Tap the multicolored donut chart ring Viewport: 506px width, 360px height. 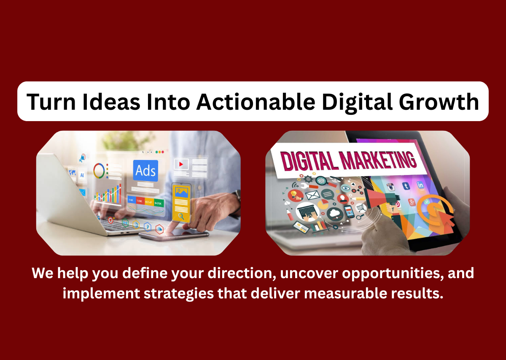[x=100, y=170]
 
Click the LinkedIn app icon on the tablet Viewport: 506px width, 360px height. [x=420, y=185]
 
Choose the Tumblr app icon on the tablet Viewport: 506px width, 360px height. [x=406, y=186]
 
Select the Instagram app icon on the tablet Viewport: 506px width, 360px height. [x=391, y=187]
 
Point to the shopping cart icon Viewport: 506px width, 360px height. [x=361, y=207]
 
